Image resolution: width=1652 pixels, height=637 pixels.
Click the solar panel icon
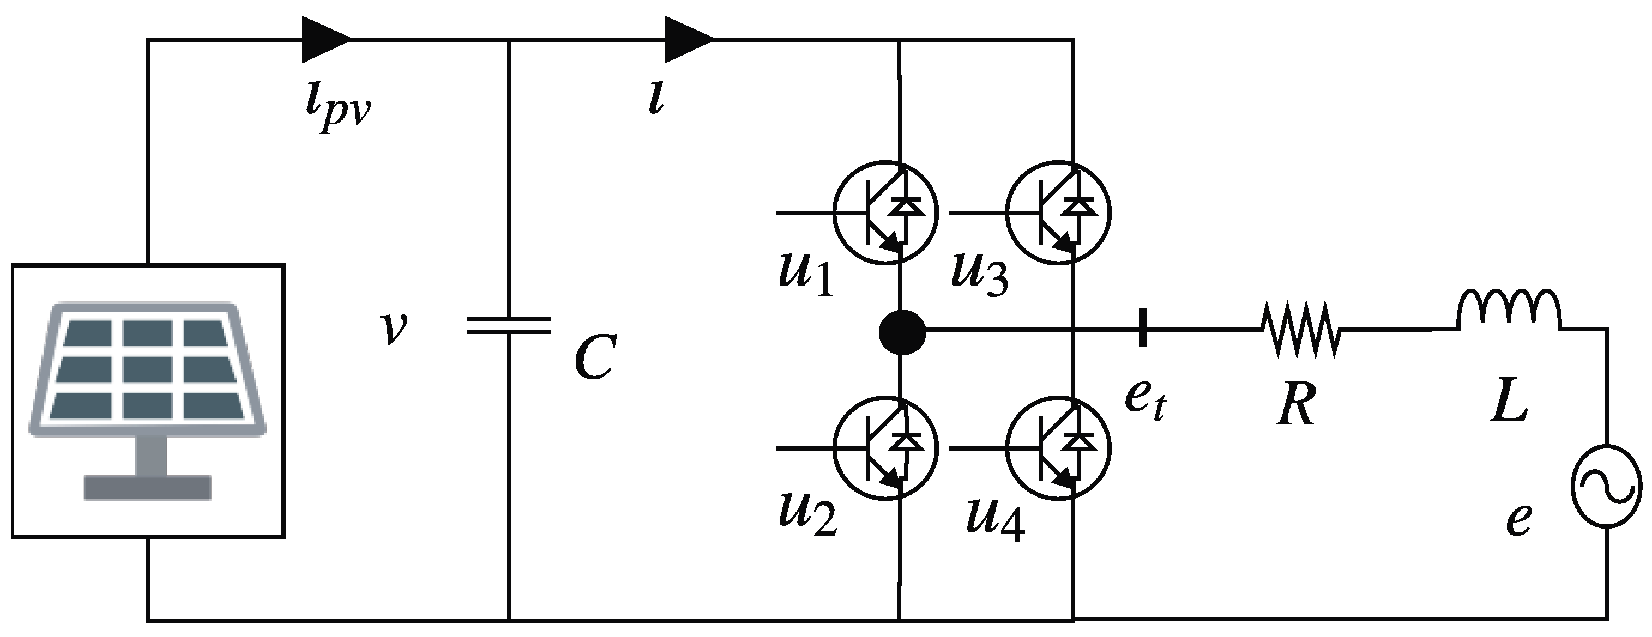(148, 401)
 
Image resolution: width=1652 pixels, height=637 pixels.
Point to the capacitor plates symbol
(509, 325)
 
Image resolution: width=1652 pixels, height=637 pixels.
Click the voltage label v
(393, 328)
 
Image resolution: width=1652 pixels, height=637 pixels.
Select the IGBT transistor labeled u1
(885, 211)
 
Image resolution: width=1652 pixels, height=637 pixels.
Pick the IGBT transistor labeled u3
(1059, 211)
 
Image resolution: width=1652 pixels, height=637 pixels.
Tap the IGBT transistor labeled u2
(885, 448)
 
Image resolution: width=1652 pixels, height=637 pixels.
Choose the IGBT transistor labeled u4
(1059, 448)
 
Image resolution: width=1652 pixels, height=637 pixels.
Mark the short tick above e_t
(1143, 327)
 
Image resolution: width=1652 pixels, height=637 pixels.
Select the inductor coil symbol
(1509, 311)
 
